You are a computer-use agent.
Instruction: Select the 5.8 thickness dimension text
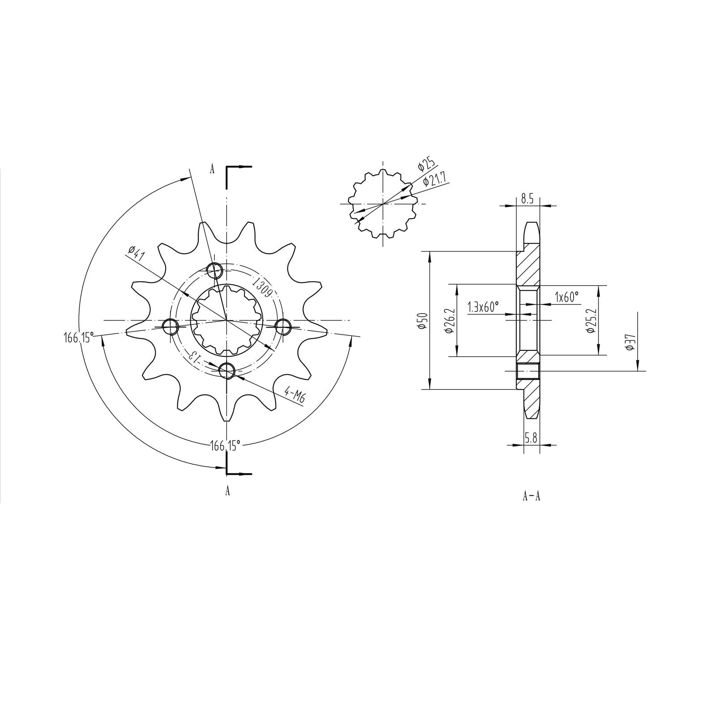click(531, 439)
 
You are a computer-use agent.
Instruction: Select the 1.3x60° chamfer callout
click(483, 307)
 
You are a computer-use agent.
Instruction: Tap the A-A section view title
click(531, 496)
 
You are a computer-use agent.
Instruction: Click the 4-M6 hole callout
click(294, 396)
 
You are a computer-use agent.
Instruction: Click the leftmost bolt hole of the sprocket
click(170, 327)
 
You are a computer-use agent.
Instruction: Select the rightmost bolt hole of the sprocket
click(283, 327)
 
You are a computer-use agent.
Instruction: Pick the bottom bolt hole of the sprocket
click(227, 370)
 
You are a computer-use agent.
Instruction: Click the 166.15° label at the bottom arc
click(226, 444)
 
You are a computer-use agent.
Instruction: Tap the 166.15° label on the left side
click(78, 337)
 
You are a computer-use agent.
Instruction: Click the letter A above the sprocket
click(212, 169)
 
